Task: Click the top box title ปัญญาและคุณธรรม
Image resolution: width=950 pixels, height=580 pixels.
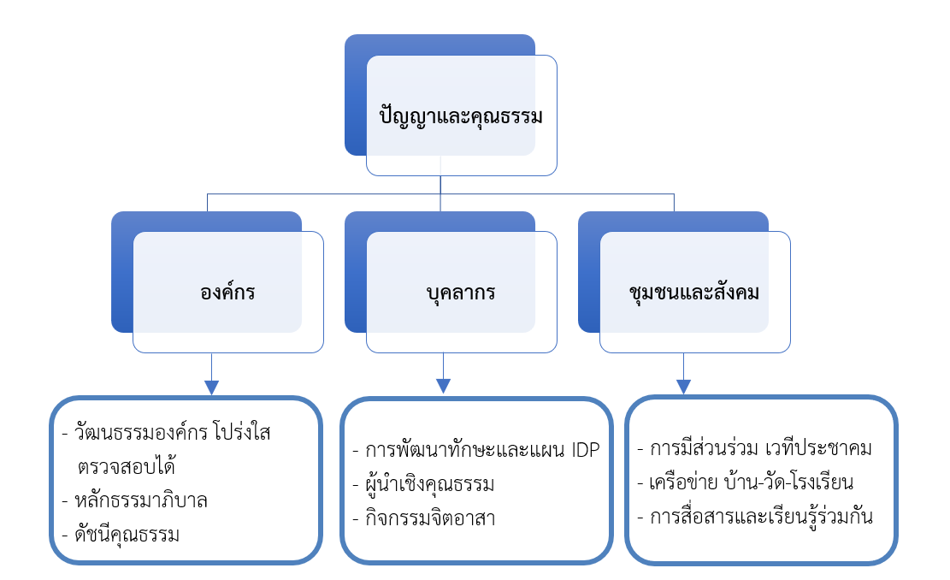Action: (x=461, y=116)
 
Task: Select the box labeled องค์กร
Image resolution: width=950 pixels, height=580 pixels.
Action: (x=227, y=293)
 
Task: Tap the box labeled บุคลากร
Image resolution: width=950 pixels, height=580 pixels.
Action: (x=461, y=293)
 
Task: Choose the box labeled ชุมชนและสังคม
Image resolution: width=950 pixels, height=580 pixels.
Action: (x=693, y=293)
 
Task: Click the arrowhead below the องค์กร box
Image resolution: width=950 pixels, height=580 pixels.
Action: (x=211, y=387)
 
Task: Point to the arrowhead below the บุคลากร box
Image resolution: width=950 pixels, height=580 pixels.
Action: (x=443, y=386)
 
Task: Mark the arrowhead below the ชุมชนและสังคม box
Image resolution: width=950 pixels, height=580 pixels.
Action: (x=683, y=386)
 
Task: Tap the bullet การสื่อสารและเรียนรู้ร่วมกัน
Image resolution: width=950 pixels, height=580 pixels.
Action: (x=761, y=517)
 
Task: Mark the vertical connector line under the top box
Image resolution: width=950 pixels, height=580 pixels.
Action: (x=440, y=185)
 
